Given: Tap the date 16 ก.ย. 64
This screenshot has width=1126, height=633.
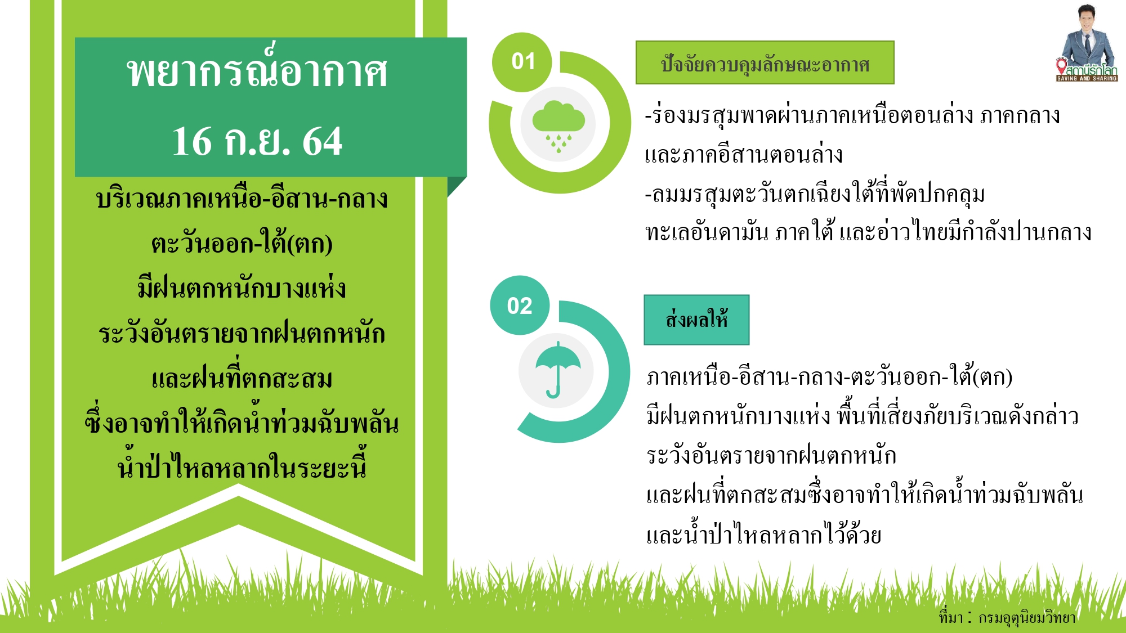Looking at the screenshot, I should coord(257,141).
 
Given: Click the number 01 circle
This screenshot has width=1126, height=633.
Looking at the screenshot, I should coord(523,61).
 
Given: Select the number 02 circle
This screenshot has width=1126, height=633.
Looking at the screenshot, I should coord(519,306).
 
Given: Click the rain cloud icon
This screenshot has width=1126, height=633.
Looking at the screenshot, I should coord(558,124).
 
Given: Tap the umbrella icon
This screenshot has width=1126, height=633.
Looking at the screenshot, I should coord(557,369).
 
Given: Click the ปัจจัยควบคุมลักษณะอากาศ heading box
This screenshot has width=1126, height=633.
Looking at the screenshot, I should coord(765,63).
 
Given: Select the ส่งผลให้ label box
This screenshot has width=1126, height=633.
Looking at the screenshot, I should coord(696,320).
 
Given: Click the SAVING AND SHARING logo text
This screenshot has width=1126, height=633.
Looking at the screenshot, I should coord(1087,79).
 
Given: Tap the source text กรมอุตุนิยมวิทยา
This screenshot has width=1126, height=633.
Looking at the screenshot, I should coord(1027,617).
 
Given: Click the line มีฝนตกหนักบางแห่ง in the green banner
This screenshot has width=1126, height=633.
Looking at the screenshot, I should coord(242,288).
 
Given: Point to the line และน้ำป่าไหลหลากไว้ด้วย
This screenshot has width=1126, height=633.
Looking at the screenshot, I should coord(763,535).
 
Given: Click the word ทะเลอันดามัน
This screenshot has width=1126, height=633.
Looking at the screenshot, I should coord(707,232).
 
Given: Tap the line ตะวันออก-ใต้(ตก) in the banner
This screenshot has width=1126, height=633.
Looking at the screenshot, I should coord(242,244).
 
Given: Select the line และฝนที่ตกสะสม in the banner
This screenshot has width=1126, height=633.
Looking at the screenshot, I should coord(242,378).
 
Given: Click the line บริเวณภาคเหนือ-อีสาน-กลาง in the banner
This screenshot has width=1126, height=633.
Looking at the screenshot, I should coord(242,199).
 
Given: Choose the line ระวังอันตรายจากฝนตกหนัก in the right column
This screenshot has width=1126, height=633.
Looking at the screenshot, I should coord(771,455).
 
